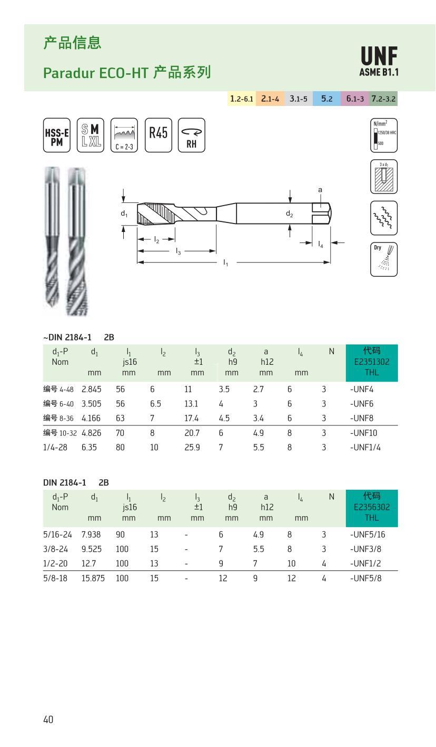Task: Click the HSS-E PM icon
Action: pyautogui.click(x=56, y=135)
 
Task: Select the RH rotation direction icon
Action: pyautogui.click(x=192, y=135)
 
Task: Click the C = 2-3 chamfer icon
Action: pyautogui.click(x=124, y=135)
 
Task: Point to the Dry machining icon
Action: pyautogui.click(x=384, y=259)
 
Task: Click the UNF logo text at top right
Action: pyautogui.click(x=379, y=57)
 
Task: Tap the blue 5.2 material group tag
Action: pyautogui.click(x=326, y=99)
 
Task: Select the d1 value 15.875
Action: pyautogui.click(x=93, y=578)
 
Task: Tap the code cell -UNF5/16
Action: pyautogui.click(x=368, y=535)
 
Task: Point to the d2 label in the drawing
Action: pyautogui.click(x=290, y=214)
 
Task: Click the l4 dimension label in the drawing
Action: pyautogui.click(x=321, y=245)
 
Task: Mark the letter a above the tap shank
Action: pyautogui.click(x=320, y=189)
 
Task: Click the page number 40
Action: pyautogui.click(x=48, y=719)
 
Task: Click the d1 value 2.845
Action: pyautogui.click(x=91, y=390)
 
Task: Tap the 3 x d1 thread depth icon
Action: pyautogui.click(x=384, y=177)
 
